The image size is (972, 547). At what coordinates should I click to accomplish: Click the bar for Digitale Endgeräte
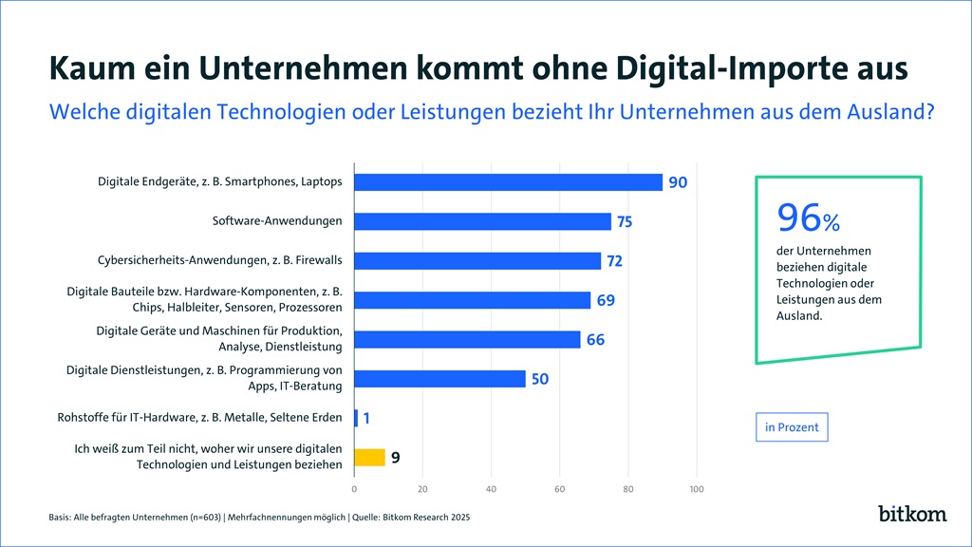[508, 182]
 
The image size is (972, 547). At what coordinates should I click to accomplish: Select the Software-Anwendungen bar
[482, 221]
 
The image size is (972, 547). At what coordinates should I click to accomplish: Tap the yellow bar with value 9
[369, 457]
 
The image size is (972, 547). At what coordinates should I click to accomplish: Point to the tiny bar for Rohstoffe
[356, 418]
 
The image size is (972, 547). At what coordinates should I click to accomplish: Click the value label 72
[614, 261]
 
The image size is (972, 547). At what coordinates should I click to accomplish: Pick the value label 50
[540, 379]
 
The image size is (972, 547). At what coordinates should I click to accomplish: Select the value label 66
[595, 339]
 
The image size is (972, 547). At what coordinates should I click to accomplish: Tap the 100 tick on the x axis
[696, 489]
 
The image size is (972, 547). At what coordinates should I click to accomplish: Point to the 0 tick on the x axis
[354, 489]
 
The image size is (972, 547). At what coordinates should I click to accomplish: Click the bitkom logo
[911, 514]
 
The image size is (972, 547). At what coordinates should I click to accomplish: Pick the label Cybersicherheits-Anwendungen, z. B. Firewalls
[220, 260]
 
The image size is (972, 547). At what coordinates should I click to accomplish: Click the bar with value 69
[472, 300]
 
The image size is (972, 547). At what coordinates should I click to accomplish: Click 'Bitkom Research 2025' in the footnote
[422, 518]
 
